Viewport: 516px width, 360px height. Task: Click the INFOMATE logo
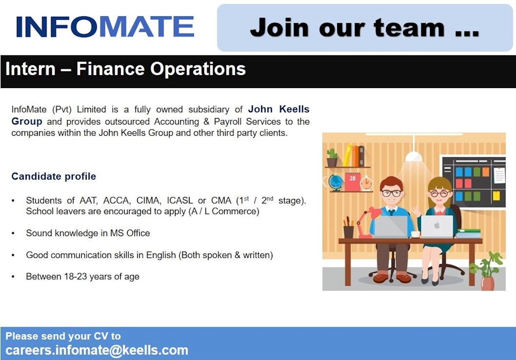[105, 27]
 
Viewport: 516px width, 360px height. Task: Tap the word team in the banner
[409, 28]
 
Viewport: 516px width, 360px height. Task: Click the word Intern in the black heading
[31, 69]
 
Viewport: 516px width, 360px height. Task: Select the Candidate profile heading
[54, 177]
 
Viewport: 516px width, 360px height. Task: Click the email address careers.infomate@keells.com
[97, 350]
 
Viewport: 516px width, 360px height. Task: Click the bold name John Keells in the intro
[279, 110]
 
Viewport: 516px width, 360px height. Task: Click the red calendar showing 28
[353, 182]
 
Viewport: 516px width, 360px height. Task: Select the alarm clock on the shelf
[366, 183]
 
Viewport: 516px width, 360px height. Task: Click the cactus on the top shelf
[332, 158]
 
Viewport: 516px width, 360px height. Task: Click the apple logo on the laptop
[437, 225]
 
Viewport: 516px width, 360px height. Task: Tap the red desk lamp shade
[375, 214]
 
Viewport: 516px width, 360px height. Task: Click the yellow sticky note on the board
[496, 195]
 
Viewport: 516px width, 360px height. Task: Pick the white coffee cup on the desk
[415, 234]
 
